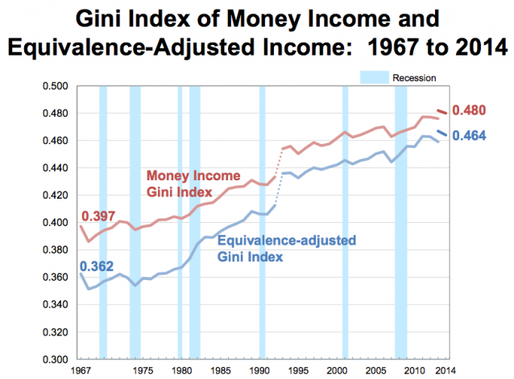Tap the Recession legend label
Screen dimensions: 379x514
(x=413, y=78)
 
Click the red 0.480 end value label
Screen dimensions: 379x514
(x=470, y=110)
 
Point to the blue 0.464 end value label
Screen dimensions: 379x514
(x=470, y=137)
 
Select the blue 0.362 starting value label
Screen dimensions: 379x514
(x=95, y=266)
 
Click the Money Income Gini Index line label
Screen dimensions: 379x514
(x=182, y=184)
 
